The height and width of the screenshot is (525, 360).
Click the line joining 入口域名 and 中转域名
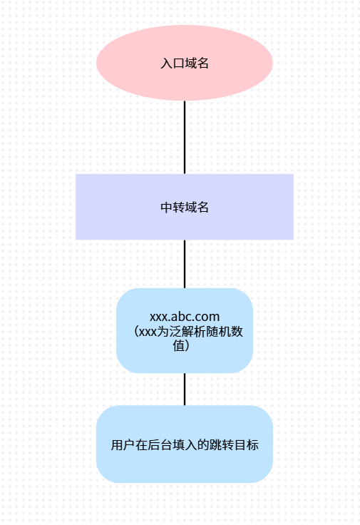click(185, 137)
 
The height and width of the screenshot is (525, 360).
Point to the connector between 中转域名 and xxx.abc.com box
click(185, 264)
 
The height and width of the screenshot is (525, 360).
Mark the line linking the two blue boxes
click(185, 389)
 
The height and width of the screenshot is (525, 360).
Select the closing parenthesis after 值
click(190, 346)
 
